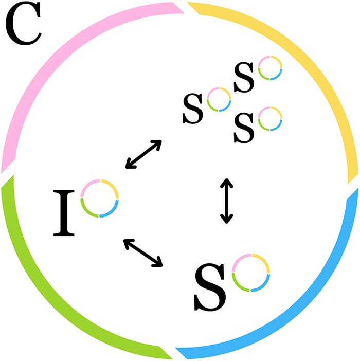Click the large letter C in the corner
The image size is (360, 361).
tap(23, 25)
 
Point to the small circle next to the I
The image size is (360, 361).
tap(100, 198)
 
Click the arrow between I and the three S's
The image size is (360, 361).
tap(143, 154)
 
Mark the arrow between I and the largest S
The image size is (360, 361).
tap(143, 252)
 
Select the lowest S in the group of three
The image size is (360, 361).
tap(244, 129)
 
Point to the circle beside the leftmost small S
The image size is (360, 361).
tap(218, 100)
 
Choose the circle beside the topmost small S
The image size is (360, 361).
tap(270, 68)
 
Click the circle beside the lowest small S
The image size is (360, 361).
tap(270, 118)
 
